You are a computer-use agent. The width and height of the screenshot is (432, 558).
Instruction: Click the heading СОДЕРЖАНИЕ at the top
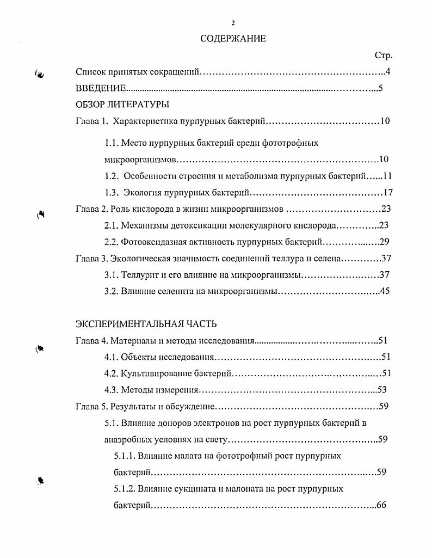(x=233, y=39)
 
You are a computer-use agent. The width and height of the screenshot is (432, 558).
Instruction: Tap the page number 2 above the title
(x=233, y=23)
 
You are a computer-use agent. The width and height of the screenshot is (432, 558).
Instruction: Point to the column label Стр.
(x=383, y=56)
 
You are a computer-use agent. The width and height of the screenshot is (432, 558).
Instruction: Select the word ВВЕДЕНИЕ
(x=101, y=88)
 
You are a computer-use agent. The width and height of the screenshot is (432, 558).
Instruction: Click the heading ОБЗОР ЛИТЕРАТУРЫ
(x=122, y=105)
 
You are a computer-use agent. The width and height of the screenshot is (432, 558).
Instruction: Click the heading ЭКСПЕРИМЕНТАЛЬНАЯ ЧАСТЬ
(x=146, y=324)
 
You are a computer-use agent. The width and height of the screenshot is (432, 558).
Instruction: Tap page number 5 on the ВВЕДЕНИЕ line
(x=381, y=88)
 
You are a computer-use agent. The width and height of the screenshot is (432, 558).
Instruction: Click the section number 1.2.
(x=111, y=176)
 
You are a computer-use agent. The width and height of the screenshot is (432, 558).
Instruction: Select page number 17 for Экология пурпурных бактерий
(x=387, y=192)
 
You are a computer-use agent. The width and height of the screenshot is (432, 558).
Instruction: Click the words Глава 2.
(x=91, y=209)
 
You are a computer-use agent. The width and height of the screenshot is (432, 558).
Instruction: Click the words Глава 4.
(x=91, y=341)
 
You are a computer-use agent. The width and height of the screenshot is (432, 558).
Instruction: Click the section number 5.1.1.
(x=125, y=456)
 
